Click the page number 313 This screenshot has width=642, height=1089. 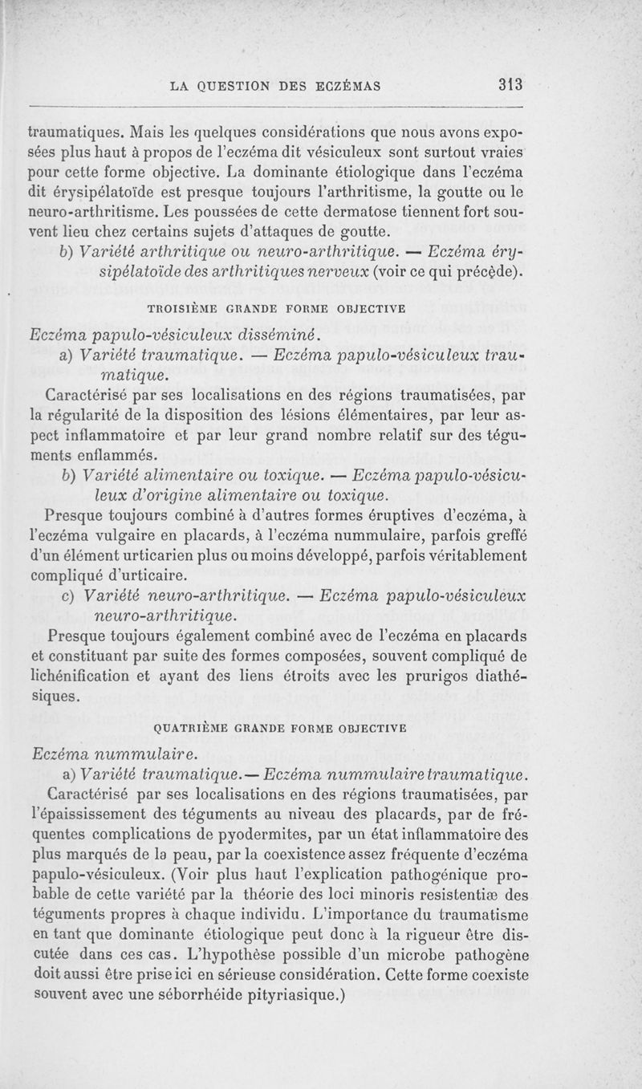tap(510, 84)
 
